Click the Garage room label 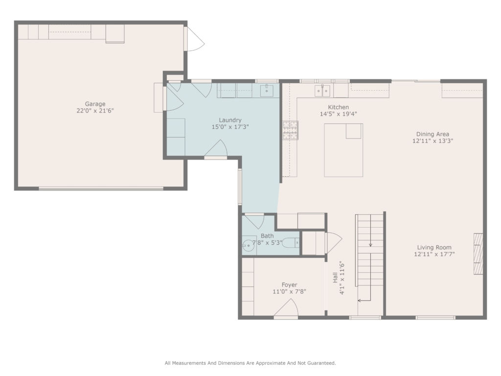click(x=95, y=104)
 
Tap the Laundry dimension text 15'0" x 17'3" click(x=230, y=127)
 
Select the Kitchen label click(x=339, y=107)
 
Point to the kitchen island click(x=343, y=150)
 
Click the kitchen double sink click(x=322, y=91)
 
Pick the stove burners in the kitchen click(x=290, y=130)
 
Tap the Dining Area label click(x=433, y=134)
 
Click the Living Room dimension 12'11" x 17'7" click(x=434, y=254)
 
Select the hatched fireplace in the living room click(x=478, y=254)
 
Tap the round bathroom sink click(x=248, y=246)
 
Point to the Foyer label click(x=290, y=284)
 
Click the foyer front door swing click(x=286, y=308)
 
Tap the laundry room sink click(x=267, y=91)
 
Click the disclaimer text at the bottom click(x=250, y=363)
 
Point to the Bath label click(x=267, y=235)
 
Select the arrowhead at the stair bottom click(x=360, y=301)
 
